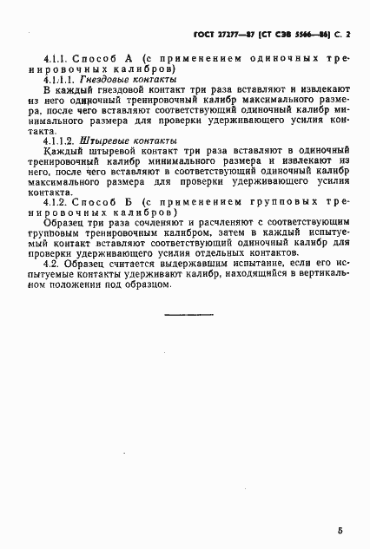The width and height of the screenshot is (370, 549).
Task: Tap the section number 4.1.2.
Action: point(56,202)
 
